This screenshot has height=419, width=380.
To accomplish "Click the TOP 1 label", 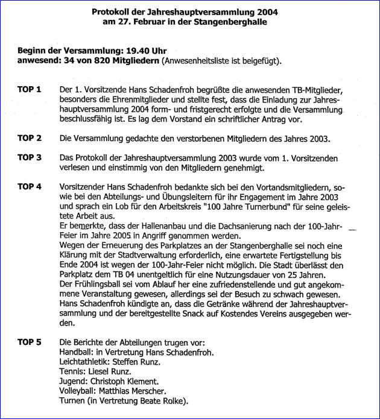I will [29, 90].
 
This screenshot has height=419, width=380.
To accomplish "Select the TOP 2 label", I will [29, 138].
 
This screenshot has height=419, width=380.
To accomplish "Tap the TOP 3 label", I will [29, 157].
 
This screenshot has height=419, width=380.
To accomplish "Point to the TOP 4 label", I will [29, 186].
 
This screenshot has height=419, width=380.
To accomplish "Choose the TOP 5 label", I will [29, 342].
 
